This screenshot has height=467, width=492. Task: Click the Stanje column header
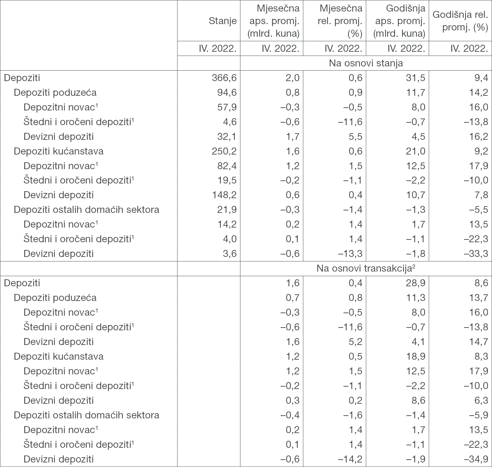(x=222, y=21)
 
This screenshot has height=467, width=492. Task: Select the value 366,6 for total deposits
(x=224, y=78)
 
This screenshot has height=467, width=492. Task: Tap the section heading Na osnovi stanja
(x=366, y=63)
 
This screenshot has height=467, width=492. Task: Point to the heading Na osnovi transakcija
(x=366, y=268)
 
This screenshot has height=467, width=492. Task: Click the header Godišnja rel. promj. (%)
(x=460, y=21)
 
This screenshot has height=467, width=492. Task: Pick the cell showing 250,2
(x=224, y=151)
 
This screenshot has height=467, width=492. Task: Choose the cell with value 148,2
(x=224, y=195)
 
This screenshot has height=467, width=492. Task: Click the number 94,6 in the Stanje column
(x=227, y=92)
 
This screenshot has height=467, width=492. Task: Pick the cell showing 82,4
(x=227, y=166)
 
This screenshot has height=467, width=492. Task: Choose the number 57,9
(x=227, y=107)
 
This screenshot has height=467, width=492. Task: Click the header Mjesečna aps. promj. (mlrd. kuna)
(x=273, y=21)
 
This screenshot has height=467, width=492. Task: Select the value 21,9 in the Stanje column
(x=227, y=210)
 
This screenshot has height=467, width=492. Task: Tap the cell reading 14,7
(x=478, y=342)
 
